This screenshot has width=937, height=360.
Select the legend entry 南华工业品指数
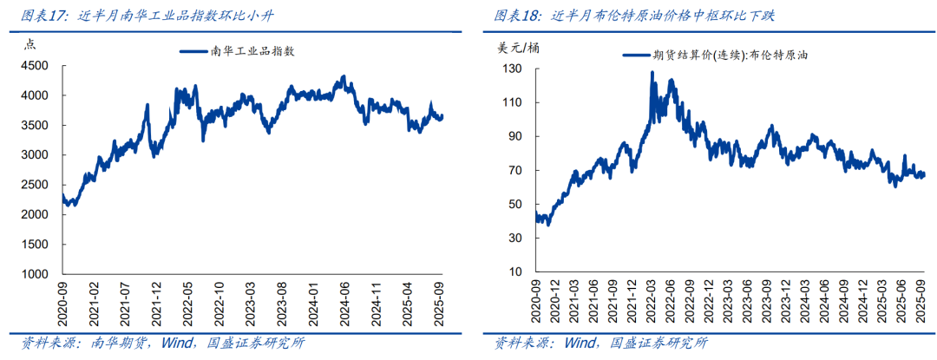pos(238,52)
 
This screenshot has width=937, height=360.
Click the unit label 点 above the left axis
pos(29,45)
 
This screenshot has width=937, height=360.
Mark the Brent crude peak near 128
pos(652,73)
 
